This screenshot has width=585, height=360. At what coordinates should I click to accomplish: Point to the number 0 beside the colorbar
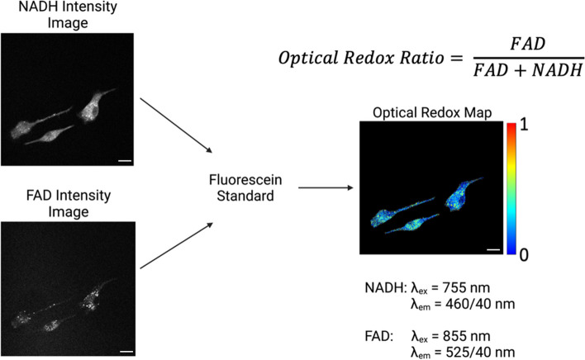point(524,254)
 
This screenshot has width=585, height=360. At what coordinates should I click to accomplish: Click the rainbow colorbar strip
point(511,191)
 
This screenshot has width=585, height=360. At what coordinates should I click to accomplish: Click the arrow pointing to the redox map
point(326,188)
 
